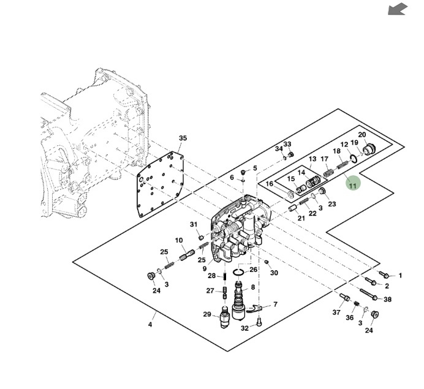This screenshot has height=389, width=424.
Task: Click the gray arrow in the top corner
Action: click(398, 9)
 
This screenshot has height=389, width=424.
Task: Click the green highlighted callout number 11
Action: click(352, 183)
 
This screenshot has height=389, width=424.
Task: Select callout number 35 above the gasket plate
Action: click(182, 138)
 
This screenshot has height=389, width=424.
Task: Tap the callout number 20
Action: click(362, 135)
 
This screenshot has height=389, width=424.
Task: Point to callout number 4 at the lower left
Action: click(150, 325)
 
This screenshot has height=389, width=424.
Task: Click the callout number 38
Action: click(387, 300)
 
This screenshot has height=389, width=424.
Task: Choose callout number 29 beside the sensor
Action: click(207, 315)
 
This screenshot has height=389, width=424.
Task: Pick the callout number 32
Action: click(244, 328)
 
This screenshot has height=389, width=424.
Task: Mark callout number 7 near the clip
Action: click(275, 304)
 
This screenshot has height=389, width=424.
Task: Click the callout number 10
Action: click(179, 240)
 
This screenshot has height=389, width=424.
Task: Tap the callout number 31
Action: click(193, 224)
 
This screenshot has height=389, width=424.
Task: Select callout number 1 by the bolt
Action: click(400, 276)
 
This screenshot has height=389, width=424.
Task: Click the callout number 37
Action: click(336, 312)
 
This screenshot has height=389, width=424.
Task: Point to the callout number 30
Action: click(274, 273)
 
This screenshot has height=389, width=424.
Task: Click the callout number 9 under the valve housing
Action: click(203, 269)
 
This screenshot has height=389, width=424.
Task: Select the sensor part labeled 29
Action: click(225, 318)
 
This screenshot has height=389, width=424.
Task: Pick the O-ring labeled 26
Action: click(240, 272)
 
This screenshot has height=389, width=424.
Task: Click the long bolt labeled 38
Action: click(369, 294)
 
